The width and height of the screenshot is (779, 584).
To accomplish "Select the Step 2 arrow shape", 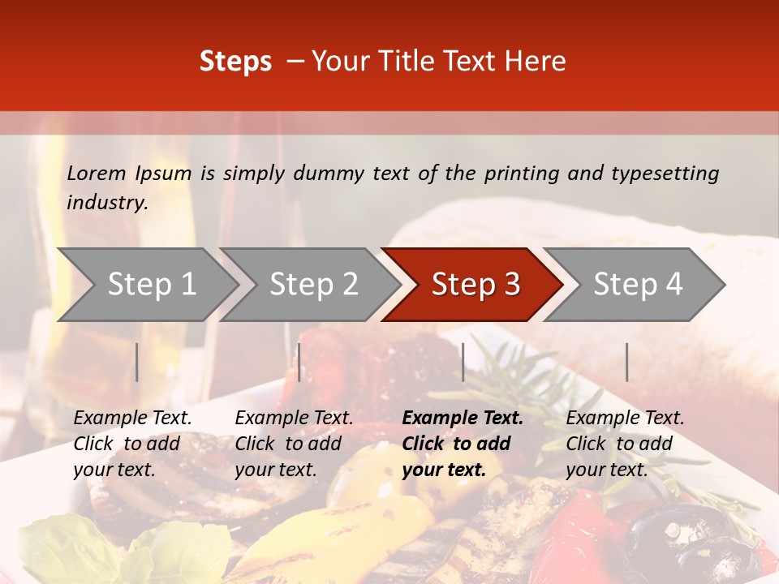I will (313, 285).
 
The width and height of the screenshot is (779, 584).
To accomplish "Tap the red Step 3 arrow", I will (476, 285).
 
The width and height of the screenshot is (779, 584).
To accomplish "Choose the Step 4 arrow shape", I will (638, 285).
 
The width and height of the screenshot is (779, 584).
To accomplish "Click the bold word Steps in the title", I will (235, 62).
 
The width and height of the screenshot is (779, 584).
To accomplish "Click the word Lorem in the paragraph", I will (97, 173).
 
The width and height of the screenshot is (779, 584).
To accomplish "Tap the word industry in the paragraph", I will (106, 203).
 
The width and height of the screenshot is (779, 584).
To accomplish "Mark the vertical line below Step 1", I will (137, 362).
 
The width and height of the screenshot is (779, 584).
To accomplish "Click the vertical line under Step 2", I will (299, 362).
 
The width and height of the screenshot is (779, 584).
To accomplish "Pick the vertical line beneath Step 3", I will (463, 362).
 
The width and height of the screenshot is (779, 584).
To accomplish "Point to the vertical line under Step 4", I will (626, 362).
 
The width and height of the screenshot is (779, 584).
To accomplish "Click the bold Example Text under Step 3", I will (463, 419).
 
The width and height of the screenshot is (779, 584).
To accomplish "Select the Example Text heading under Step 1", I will (132, 419).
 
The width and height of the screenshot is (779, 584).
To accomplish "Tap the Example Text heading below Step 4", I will (625, 419).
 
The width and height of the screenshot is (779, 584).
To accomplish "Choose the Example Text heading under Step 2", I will (294, 419).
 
